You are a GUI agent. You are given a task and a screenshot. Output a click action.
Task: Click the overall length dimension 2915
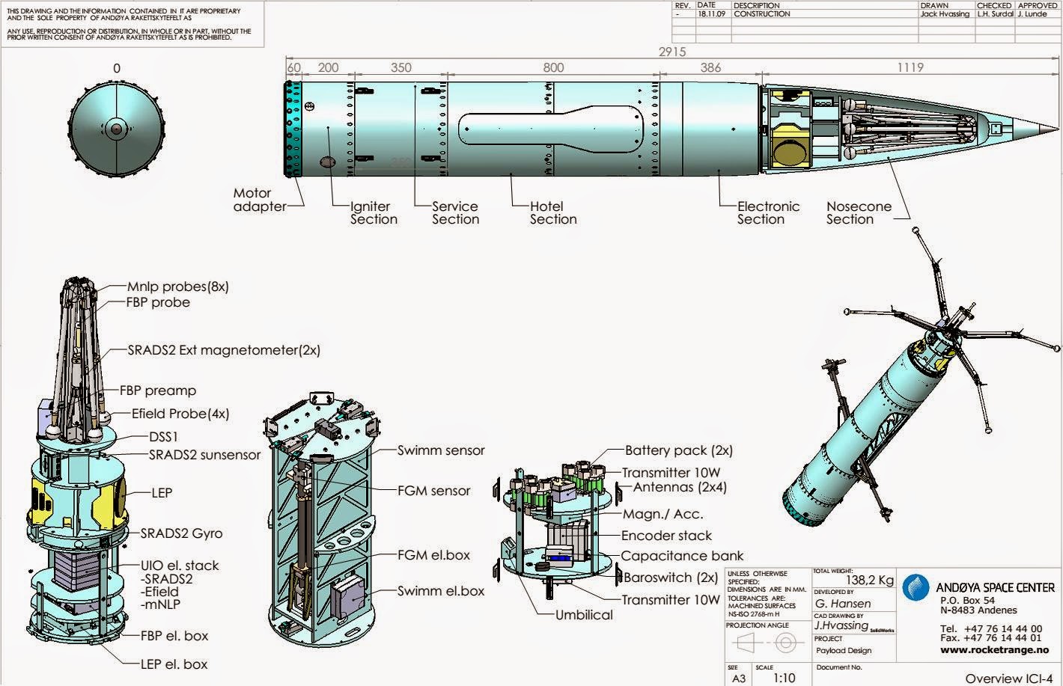click(x=671, y=52)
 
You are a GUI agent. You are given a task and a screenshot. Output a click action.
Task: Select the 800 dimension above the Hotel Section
click(x=553, y=67)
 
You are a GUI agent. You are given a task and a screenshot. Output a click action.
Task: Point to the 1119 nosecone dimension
click(x=909, y=67)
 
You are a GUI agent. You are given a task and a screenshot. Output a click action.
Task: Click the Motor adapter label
click(x=259, y=200)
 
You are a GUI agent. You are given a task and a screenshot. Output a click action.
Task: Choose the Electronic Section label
click(x=768, y=212)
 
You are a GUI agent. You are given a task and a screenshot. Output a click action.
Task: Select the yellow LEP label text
click(x=161, y=493)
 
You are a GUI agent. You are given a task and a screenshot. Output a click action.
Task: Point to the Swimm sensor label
click(x=441, y=450)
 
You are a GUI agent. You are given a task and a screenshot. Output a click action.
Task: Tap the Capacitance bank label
click(x=682, y=556)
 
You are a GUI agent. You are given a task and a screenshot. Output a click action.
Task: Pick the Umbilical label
click(x=584, y=615)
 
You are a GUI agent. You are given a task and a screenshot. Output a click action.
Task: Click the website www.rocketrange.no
click(x=994, y=650)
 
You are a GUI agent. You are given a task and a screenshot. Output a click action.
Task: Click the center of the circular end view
click(x=117, y=129)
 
